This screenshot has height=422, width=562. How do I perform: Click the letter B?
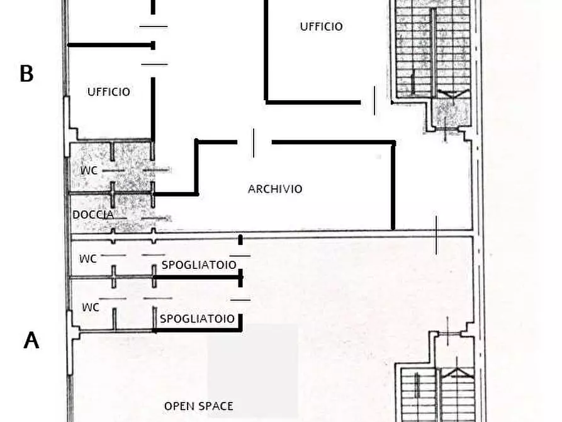pos(26,74)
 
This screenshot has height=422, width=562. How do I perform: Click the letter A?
pos(31,340)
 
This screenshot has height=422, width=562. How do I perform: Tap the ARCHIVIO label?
pos(275,189)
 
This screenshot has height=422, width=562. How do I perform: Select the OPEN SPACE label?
pos(198,406)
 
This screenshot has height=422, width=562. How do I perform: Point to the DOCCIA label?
pos(93,215)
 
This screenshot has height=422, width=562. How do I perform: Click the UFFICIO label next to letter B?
pos(108,92)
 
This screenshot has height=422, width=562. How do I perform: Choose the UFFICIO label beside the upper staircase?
pos(321,26)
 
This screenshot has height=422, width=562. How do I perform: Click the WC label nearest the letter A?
pos(91,307)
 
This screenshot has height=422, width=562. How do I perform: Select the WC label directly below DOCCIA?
pos(88,258)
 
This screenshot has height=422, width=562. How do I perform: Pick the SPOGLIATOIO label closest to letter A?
pos(197,319)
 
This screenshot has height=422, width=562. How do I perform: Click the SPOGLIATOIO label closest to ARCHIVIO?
pos(199,265)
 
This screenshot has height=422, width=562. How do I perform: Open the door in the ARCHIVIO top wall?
pos(254,142)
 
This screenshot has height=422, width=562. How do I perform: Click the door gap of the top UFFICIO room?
pos(375,101)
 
